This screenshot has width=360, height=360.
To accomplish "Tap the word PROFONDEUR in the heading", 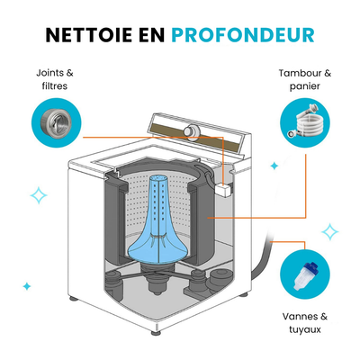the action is pos(243,35).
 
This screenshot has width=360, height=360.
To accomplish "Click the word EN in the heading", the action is pos(151,35).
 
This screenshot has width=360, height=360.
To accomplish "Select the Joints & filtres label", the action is pos(55,79).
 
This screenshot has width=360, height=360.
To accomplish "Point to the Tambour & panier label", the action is pos(305,79).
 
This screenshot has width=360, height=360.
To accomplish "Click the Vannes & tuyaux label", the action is pos(305,323).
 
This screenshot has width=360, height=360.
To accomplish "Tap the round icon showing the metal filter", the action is pos(57,122).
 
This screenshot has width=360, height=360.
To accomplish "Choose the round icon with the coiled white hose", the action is pos(305,122).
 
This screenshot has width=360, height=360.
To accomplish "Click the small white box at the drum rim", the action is pos(223,189).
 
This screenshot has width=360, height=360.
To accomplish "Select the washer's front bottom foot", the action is pos(156,332).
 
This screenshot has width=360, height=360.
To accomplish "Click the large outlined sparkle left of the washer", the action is pos(39,195).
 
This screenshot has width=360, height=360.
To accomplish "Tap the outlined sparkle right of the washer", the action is pos(330,231).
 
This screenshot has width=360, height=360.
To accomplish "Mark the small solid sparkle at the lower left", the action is pos(27,286).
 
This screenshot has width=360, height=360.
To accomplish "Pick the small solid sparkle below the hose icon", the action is pos(274,166).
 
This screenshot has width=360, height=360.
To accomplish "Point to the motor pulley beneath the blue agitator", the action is pos(157,283).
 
